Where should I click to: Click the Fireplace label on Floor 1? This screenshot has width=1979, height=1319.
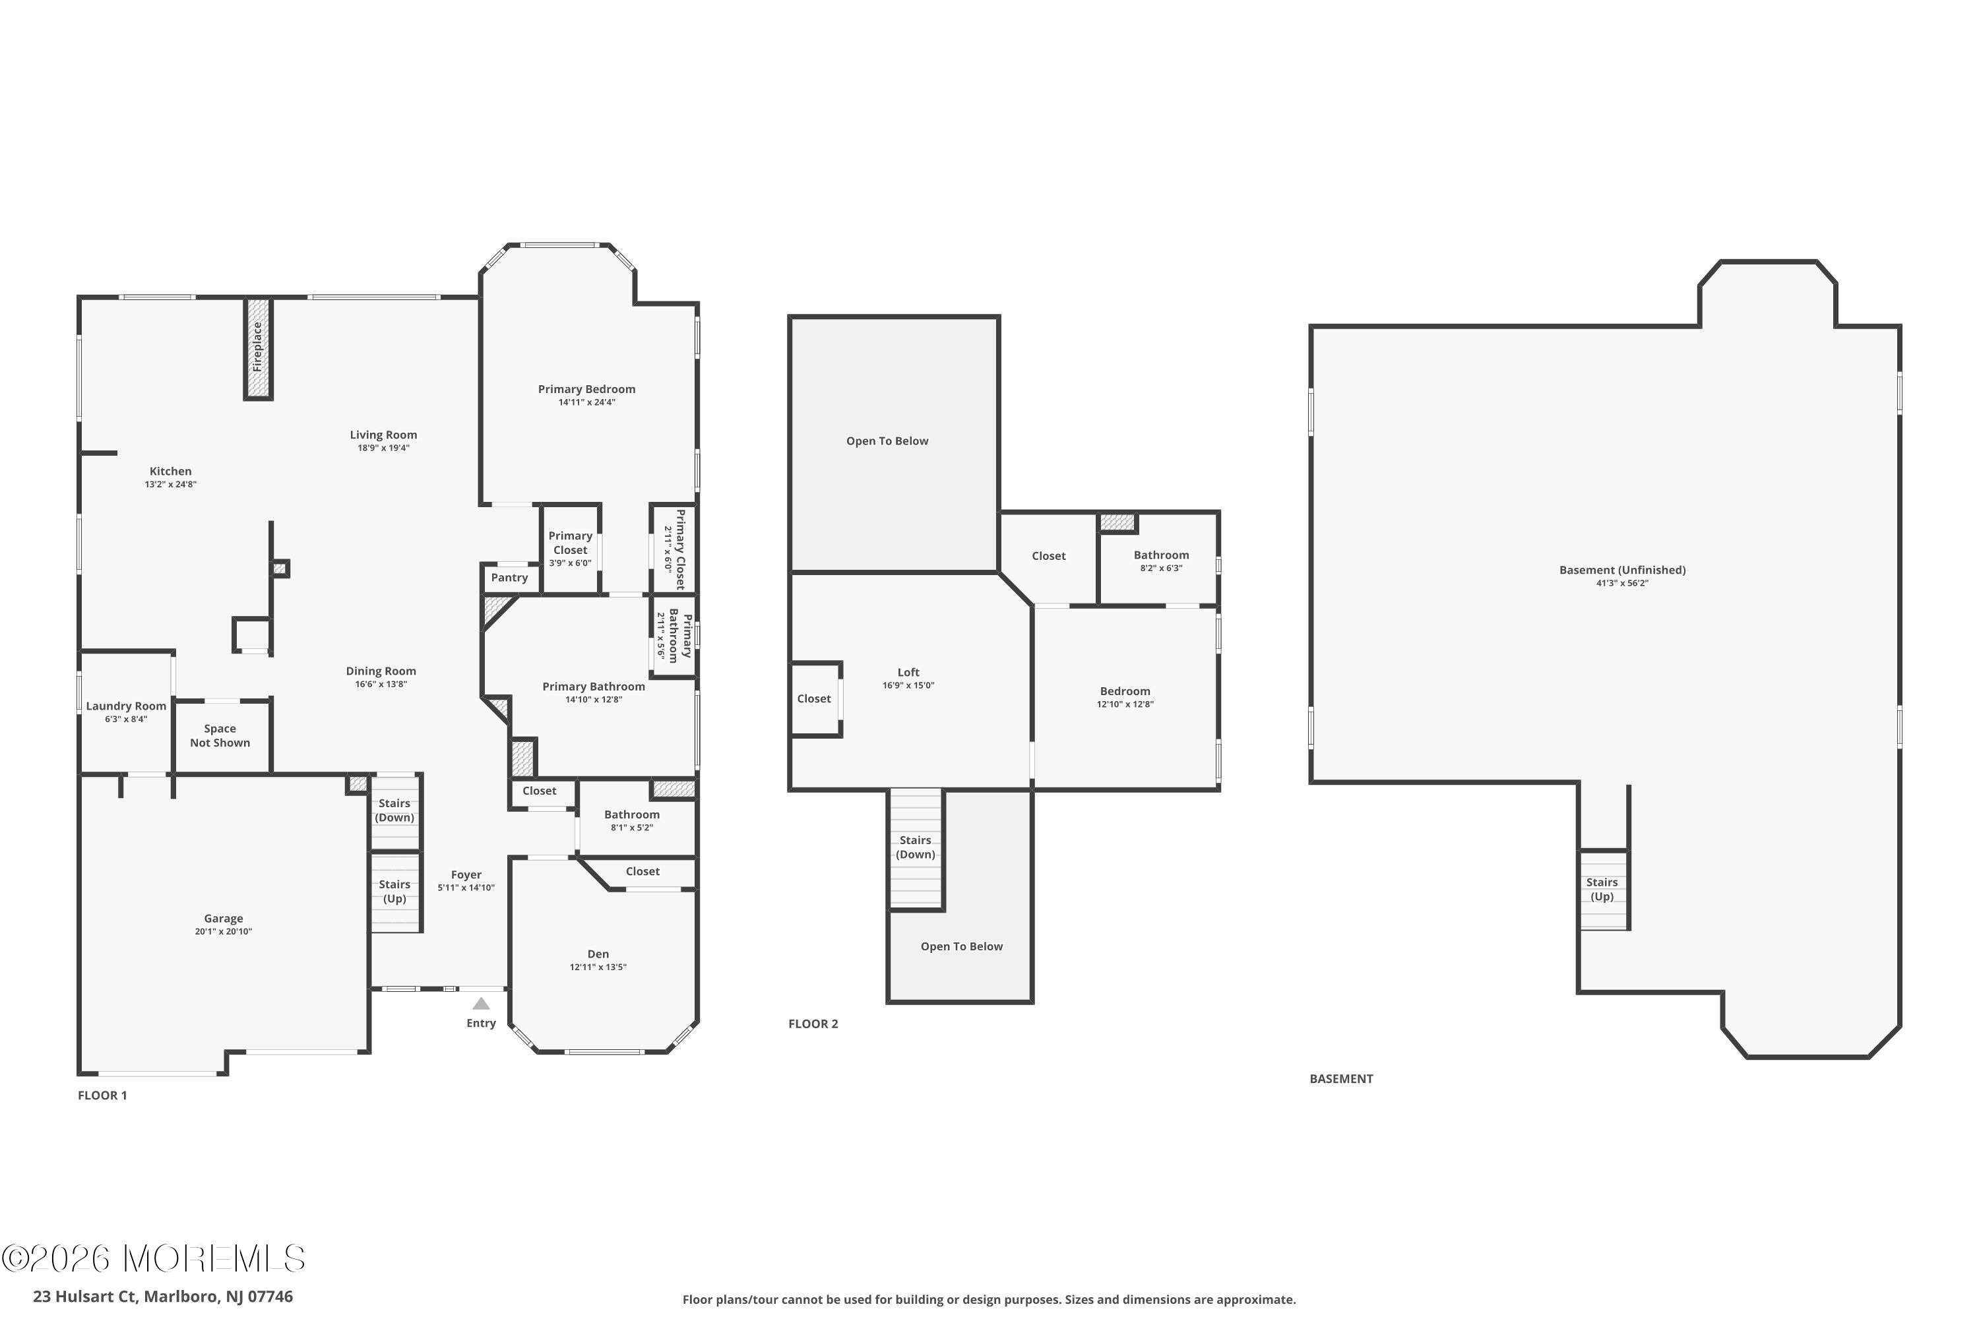tap(257, 347)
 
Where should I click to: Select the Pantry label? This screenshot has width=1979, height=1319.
tap(510, 578)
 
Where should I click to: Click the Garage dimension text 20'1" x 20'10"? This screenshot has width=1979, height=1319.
tap(224, 931)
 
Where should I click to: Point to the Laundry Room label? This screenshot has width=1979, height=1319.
tap(126, 706)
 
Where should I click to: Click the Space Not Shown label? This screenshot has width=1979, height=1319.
tap(220, 735)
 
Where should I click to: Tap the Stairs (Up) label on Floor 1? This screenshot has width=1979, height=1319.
tap(394, 891)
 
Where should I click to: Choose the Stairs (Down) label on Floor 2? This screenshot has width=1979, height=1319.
tap(916, 847)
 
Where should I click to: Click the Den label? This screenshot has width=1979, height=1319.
tap(598, 953)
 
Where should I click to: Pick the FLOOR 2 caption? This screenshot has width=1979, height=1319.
tap(813, 1024)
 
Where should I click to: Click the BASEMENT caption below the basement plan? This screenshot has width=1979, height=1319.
tap(1341, 1078)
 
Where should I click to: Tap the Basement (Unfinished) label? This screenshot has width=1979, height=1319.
tap(1622, 570)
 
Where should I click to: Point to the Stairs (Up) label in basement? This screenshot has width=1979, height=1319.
tap(1602, 889)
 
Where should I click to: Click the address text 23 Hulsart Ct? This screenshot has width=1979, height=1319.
tap(84, 1297)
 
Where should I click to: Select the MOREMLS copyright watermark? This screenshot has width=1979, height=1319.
tap(153, 1258)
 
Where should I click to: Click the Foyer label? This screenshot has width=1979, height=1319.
tap(466, 875)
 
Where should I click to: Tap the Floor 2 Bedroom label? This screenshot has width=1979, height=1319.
tap(1125, 691)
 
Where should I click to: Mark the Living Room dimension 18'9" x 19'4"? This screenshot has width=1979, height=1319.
tap(384, 448)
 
